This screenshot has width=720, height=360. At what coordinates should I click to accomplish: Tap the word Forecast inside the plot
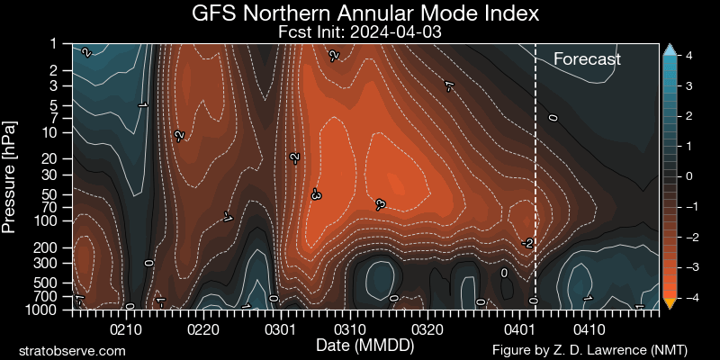tap(587, 59)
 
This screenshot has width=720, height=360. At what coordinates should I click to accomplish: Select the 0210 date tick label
tap(125, 329)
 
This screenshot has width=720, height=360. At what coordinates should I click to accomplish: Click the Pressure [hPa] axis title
tap(11, 176)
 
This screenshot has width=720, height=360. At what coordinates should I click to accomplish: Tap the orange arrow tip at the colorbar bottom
tap(669, 304)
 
